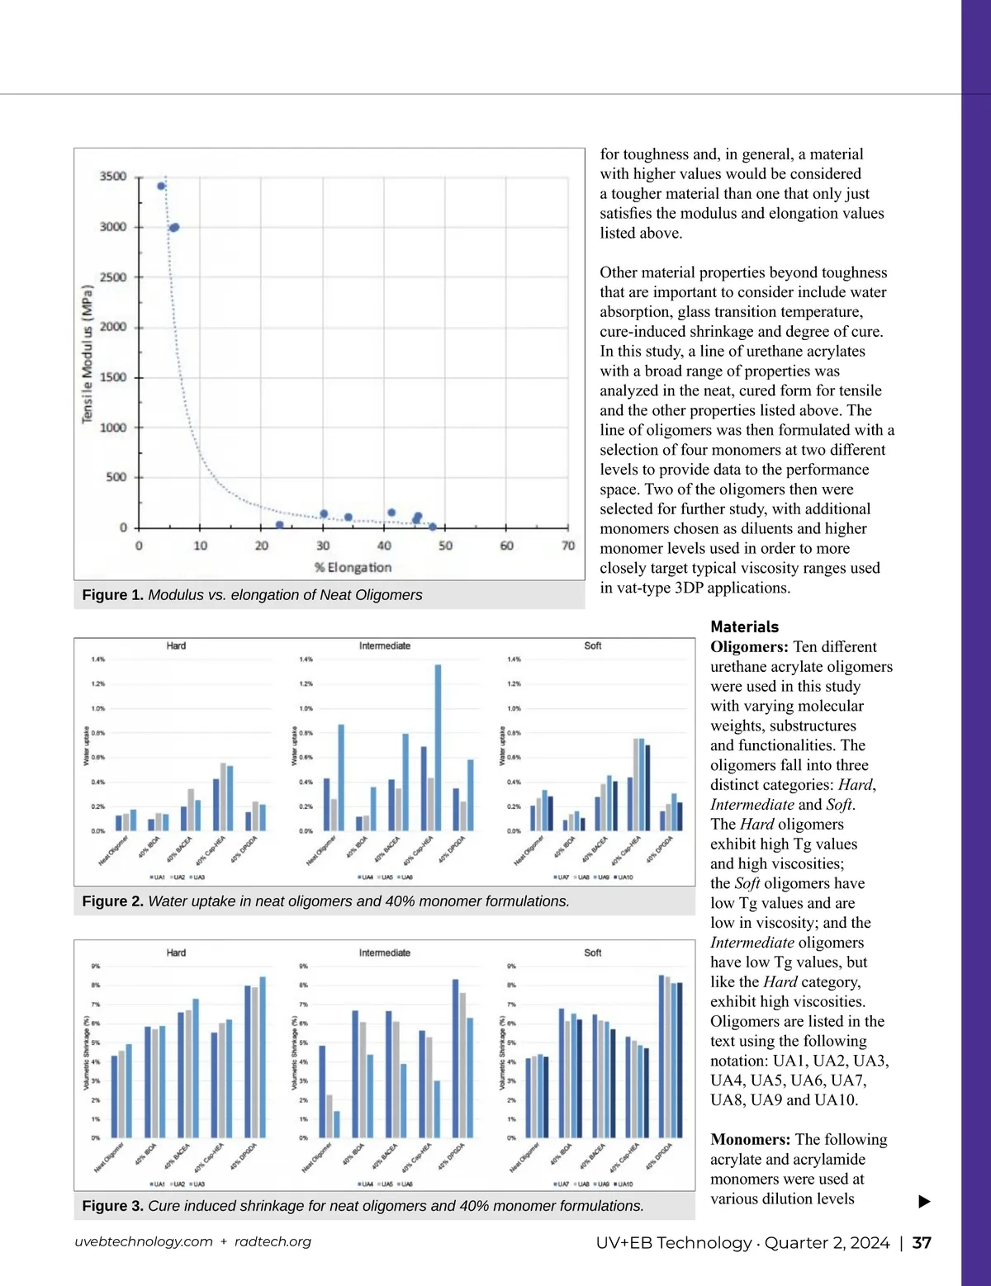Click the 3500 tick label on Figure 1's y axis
[x=113, y=177]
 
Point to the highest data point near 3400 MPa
[x=161, y=186]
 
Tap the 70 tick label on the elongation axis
[x=568, y=546]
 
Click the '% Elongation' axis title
[x=353, y=568]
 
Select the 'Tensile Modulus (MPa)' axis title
[x=88, y=353]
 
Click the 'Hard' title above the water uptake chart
[x=176, y=645]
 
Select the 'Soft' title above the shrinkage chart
[x=592, y=953]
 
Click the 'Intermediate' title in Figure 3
[x=384, y=953]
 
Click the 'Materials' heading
[x=744, y=626]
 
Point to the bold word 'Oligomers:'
[x=749, y=647]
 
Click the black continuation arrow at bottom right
[x=924, y=1202]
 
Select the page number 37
[x=922, y=1243]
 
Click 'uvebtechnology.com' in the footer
[x=144, y=1241]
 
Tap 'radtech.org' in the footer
[x=273, y=1241]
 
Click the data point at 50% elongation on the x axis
[x=433, y=527]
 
